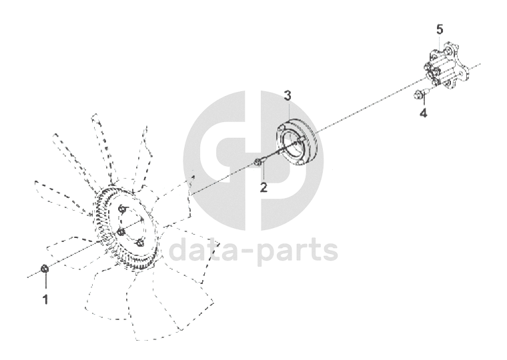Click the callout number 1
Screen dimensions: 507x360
tap(45, 299)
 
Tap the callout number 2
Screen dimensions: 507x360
tap(264, 187)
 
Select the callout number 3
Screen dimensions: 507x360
tap(288, 95)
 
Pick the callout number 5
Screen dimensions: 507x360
tap(440, 30)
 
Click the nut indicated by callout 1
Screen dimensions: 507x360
tap(45, 268)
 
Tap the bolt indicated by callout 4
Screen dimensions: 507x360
tap(420, 94)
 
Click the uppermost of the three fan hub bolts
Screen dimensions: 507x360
tap(122, 209)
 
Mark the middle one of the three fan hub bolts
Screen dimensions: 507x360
tap(121, 232)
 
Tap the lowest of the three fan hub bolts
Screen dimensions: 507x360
tap(140, 243)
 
